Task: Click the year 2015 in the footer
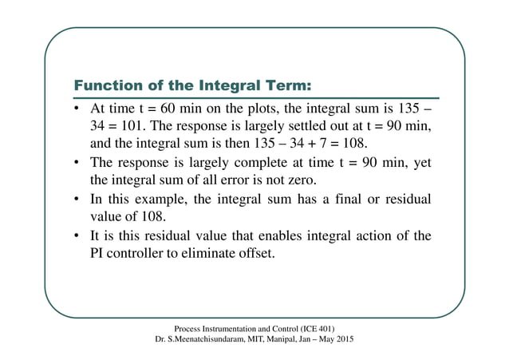tap(345, 340)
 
